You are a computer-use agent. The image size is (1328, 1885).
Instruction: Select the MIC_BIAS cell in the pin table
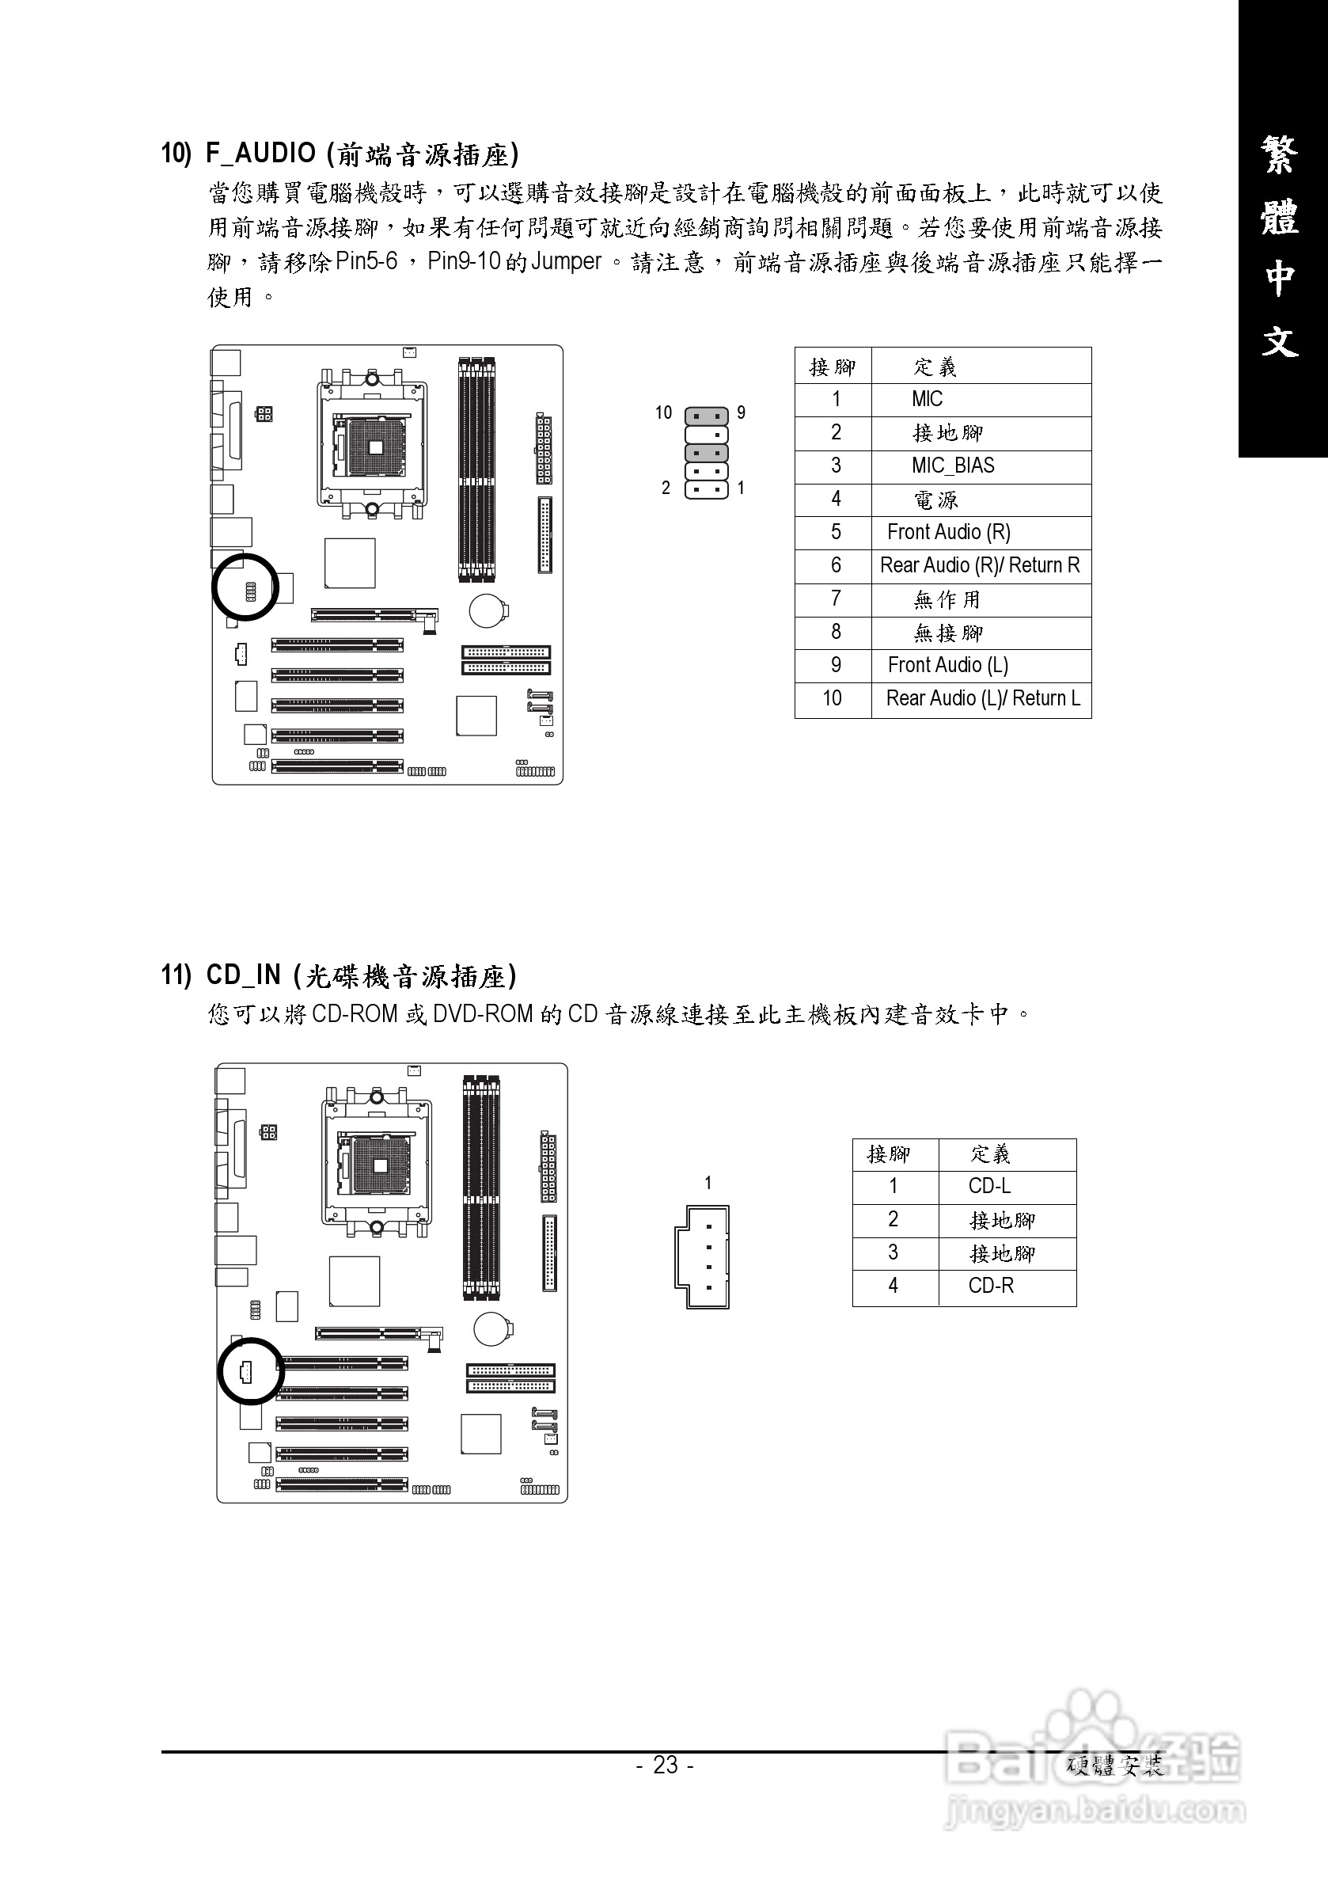(952, 466)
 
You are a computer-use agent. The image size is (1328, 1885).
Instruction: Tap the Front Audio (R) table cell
(948, 532)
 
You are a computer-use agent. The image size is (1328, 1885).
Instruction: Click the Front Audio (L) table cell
(947, 665)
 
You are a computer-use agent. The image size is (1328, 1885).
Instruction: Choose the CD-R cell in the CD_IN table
(991, 1286)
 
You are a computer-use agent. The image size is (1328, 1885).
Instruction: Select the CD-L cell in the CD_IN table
(989, 1185)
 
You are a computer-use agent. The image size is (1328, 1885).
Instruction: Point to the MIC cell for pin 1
(927, 399)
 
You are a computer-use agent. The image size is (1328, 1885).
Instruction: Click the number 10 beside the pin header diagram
(663, 413)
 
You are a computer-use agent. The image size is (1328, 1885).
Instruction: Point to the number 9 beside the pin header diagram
(741, 413)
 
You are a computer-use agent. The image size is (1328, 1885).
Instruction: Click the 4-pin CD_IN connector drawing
(703, 1256)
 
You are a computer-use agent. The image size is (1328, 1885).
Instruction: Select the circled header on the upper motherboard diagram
(245, 587)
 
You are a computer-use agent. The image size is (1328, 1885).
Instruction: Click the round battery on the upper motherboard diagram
(488, 611)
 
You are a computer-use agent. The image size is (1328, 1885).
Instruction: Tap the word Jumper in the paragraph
(567, 261)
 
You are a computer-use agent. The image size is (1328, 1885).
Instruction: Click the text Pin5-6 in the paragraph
(367, 261)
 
